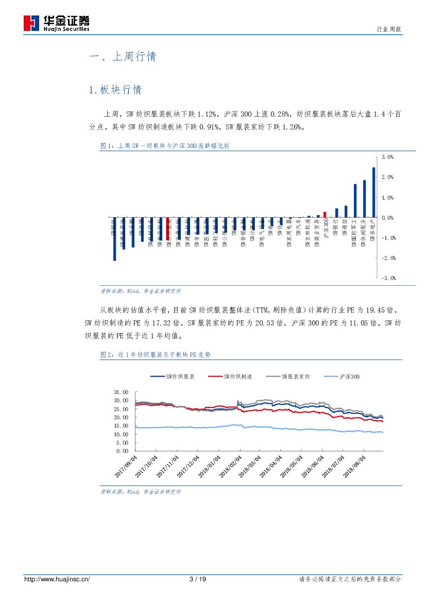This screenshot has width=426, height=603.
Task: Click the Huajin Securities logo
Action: [x=57, y=23]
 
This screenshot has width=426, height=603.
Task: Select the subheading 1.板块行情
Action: [x=115, y=90]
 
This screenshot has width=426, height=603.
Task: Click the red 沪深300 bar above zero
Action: [x=325, y=215]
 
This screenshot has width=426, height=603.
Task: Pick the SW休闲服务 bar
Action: [x=364, y=199]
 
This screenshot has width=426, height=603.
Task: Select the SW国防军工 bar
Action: [x=355, y=201]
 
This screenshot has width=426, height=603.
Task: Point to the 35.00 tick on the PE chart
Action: [x=121, y=392]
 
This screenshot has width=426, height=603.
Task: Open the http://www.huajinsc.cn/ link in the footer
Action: [x=57, y=579]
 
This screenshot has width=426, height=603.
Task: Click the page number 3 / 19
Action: [x=198, y=579]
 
